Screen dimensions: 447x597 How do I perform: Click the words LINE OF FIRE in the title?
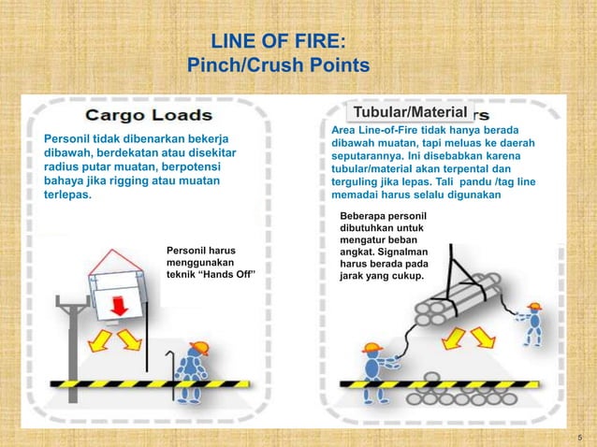coord(278,42)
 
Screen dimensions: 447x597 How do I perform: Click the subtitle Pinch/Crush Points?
coord(278,65)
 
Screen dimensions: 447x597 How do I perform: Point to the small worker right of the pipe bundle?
coord(534,323)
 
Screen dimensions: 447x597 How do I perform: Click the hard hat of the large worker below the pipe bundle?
coord(371,348)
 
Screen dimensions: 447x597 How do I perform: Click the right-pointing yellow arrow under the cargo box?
coord(130,340)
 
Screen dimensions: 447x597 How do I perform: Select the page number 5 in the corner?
coord(580,437)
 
